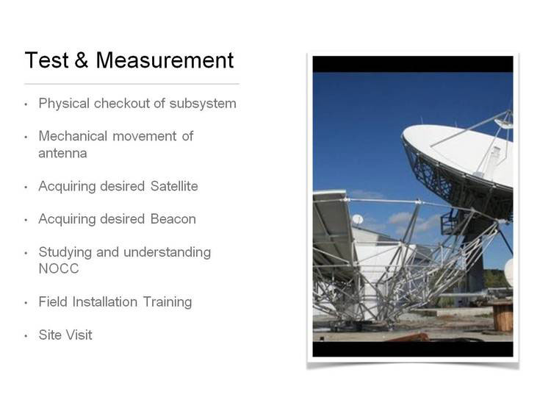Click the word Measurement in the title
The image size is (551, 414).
coord(165,60)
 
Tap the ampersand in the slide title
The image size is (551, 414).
coord(81,60)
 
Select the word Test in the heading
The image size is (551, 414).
coord(46,60)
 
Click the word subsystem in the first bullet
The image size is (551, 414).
coord(203,104)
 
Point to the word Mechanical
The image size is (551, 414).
coord(73,136)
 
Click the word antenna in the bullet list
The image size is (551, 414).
coord(62,154)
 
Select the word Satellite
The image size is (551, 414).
coord(174,186)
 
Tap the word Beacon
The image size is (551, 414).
coord(173,219)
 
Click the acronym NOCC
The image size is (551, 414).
coord(59,269)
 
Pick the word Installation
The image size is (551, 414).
coord(105,302)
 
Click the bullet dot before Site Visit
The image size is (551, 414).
coord(26,336)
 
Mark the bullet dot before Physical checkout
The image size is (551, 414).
coord(26,104)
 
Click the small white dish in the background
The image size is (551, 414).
coord(357,219)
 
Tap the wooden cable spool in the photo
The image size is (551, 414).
coord(503,317)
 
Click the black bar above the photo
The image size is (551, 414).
coord(413,64)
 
